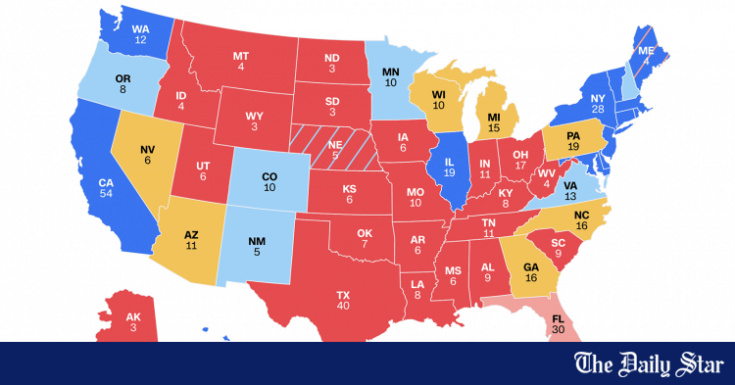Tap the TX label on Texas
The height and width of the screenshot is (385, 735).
[343, 294]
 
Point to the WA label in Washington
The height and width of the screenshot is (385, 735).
[141, 28]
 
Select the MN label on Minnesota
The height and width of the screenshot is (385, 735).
[390, 72]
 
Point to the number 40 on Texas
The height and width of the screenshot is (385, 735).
[343, 306]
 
